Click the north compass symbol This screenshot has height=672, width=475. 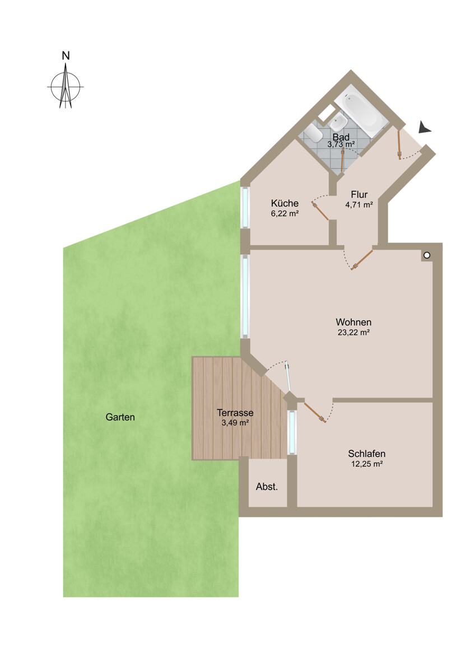coord(66,87)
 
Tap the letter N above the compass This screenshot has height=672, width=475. coord(66,56)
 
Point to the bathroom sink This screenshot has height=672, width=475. coord(339,121)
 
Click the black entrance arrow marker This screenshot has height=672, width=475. coord(425,129)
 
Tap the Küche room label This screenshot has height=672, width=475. coord(285,203)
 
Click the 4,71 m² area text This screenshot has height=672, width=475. coord(359,205)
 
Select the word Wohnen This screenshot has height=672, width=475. coord(353,322)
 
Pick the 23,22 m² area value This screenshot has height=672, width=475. coord(353,332)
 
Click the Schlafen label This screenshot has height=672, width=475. coord(366,454)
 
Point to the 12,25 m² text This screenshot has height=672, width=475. coord(366,464)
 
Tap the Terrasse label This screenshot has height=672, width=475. coord(235,413)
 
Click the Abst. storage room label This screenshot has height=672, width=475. coord(267,487)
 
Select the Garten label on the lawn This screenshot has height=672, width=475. coord(120,417)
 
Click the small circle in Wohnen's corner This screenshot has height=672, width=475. coord(427,255)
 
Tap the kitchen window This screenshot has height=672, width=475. coord(245,207)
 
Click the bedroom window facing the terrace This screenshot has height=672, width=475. coord(291,432)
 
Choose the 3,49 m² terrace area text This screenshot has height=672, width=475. coord(235,423)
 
